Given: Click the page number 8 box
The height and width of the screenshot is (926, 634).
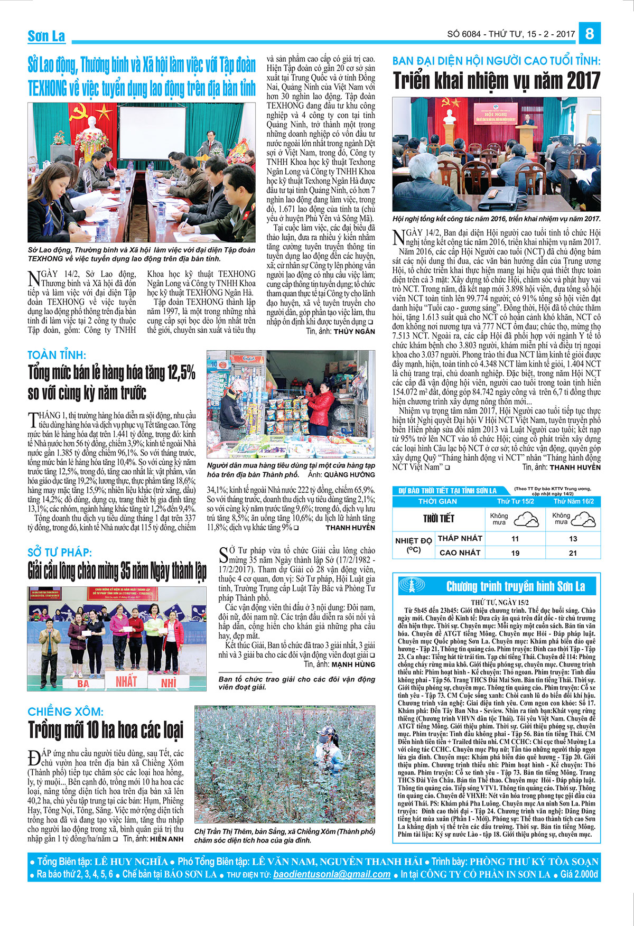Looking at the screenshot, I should pyautogui.click(x=590, y=34).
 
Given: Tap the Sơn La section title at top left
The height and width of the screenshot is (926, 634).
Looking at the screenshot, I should pyautogui.click(x=46, y=36).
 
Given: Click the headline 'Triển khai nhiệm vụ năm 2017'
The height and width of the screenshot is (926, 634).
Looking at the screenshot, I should pyautogui.click(x=496, y=81).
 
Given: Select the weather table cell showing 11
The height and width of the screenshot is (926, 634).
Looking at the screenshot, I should pyautogui.click(x=515, y=539).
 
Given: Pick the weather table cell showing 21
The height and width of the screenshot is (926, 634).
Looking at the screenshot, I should pyautogui.click(x=573, y=553).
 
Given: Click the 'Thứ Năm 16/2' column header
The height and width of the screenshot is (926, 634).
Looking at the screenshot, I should pyautogui.click(x=573, y=501).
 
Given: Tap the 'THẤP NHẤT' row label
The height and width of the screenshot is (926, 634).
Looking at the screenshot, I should pyautogui.click(x=460, y=538).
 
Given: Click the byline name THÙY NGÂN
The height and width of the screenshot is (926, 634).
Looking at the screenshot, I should pyautogui.click(x=355, y=331).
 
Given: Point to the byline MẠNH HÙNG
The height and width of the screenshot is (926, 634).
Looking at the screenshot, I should pyautogui.click(x=353, y=664).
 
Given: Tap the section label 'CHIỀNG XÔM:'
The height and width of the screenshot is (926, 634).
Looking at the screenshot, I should pyautogui.click(x=66, y=712).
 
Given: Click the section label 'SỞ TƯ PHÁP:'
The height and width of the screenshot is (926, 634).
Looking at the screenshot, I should pyautogui.click(x=60, y=553).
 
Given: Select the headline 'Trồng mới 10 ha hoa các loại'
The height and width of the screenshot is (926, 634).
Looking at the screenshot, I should pyautogui.click(x=106, y=730).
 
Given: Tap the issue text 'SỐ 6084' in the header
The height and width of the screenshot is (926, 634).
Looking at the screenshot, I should pyautogui.click(x=464, y=34).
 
